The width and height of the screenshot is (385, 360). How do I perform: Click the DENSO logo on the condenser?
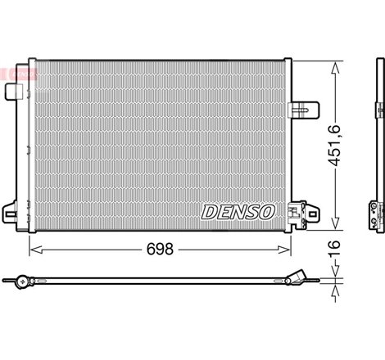[x=238, y=212]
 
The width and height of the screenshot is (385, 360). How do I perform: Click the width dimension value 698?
[x=160, y=248]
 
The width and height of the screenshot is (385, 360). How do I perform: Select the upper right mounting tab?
[x=306, y=108]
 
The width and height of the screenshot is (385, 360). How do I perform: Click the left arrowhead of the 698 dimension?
[x=34, y=247]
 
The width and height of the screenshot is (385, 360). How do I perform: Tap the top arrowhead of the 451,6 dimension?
[x=335, y=66]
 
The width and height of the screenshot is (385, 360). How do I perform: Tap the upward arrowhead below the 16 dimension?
[x=335, y=287]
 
